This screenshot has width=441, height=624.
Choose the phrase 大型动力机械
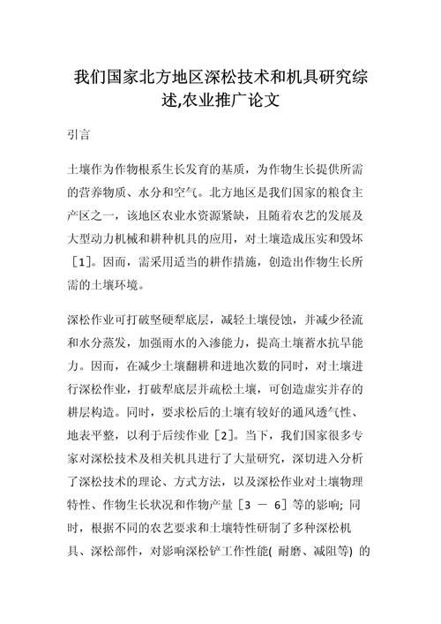pos(115,238)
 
